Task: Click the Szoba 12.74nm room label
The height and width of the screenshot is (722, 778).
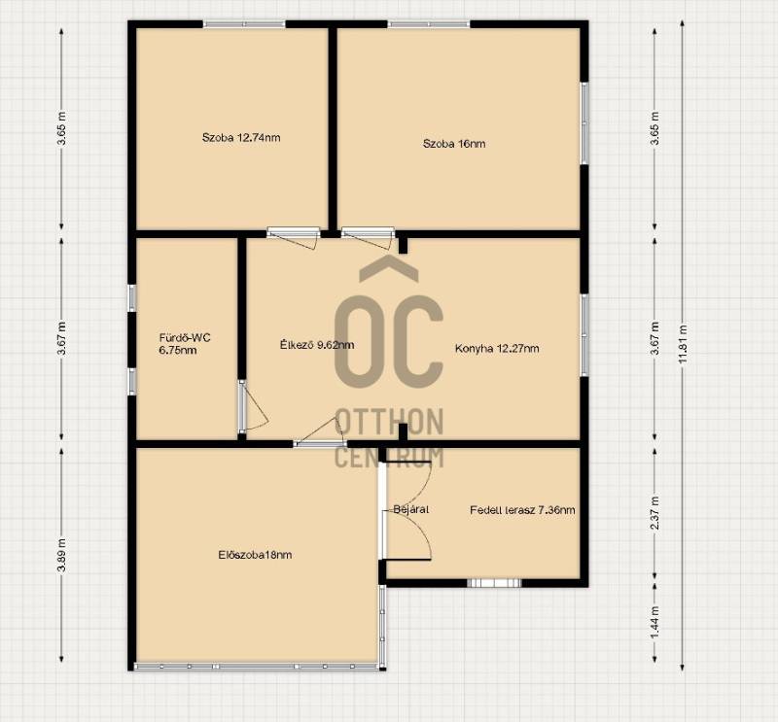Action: [241, 137]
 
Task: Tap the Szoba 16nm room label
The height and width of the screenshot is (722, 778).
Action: [454, 144]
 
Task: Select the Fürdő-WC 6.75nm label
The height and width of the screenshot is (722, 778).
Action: [185, 344]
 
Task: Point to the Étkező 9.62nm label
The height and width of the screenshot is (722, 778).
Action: [317, 345]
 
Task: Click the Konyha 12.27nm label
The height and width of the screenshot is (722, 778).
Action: [497, 348]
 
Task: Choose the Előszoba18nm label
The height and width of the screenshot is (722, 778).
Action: [255, 555]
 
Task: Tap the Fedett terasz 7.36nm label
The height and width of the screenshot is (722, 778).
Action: [522, 510]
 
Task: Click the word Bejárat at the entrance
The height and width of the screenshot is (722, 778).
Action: [410, 509]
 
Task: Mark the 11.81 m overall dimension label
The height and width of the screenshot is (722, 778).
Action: [684, 344]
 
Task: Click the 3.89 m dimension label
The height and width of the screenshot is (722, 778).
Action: [61, 555]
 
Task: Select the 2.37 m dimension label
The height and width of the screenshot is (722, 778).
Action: [654, 513]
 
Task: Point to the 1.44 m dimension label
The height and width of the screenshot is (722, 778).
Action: [654, 623]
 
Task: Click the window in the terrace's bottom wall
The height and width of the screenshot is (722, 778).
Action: [494, 583]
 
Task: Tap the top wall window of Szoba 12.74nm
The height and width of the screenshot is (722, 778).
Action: [244, 23]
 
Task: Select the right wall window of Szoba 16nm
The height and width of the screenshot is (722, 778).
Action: [584, 123]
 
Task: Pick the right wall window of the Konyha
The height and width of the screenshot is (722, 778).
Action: [584, 335]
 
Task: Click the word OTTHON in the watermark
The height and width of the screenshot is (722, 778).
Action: [390, 422]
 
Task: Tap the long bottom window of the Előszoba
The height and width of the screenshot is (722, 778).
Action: [257, 667]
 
